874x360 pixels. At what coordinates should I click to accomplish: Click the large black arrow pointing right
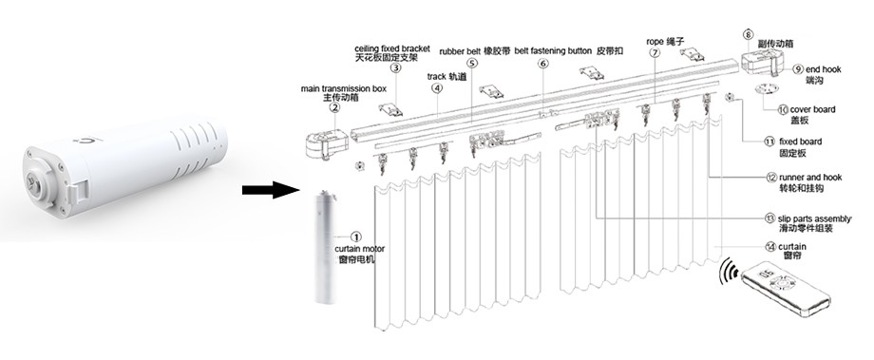click(x=271, y=190)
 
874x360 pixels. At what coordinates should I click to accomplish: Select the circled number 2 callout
click(x=334, y=107)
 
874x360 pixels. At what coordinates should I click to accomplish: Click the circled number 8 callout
click(x=748, y=34)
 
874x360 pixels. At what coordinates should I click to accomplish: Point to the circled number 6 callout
click(x=543, y=63)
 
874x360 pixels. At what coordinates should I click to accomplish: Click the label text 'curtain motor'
click(x=359, y=249)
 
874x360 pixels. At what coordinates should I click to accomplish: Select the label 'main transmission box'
click(x=343, y=88)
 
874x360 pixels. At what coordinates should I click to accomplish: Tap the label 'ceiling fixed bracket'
click(x=391, y=48)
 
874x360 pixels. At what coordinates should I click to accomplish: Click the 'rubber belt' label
click(x=460, y=51)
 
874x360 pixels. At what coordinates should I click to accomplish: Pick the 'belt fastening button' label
click(x=553, y=51)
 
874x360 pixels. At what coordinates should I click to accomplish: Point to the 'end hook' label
click(x=824, y=69)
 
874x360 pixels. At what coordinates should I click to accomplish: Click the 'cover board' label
click(x=812, y=110)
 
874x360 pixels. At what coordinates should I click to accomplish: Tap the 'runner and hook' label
click(x=810, y=178)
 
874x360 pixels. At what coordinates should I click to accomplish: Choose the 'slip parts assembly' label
click(x=815, y=219)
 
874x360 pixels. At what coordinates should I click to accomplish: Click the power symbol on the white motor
click(x=85, y=141)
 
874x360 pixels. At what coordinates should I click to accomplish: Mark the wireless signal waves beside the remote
click(x=728, y=271)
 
